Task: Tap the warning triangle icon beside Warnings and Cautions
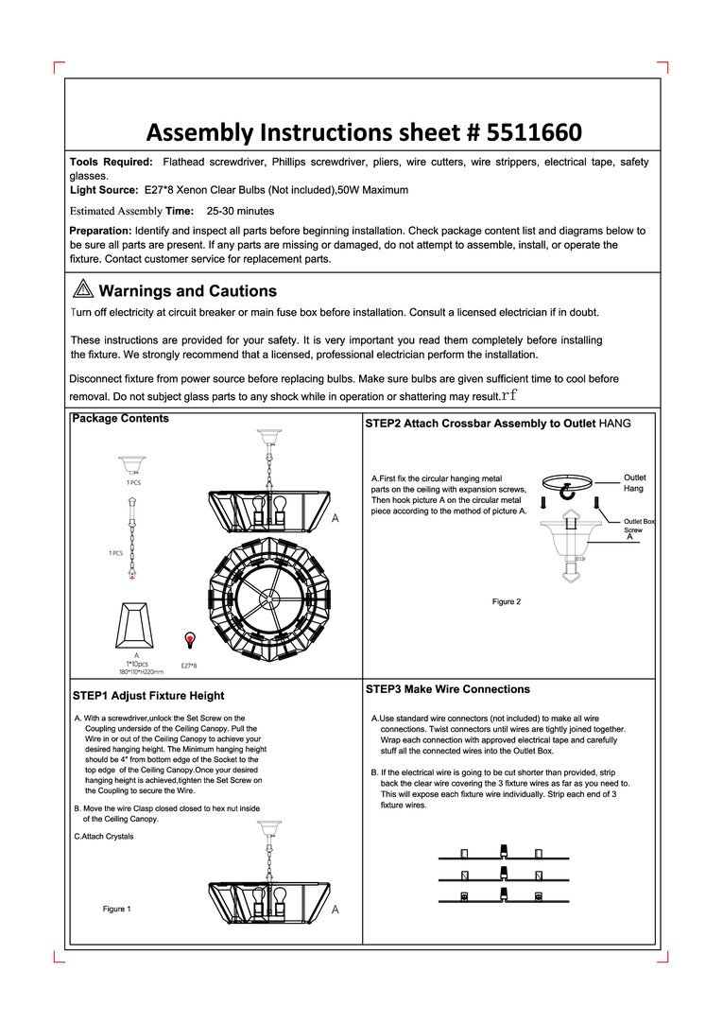81,290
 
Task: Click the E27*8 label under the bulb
189,666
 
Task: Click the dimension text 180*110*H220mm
137,672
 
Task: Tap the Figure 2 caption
506,601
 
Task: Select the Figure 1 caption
117,909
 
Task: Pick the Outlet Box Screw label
639,526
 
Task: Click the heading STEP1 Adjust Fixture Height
148,696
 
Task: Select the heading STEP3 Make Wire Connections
448,689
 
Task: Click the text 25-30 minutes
240,211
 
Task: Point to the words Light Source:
104,190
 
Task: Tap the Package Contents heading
121,419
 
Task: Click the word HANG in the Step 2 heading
614,424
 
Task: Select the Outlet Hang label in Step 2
635,483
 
